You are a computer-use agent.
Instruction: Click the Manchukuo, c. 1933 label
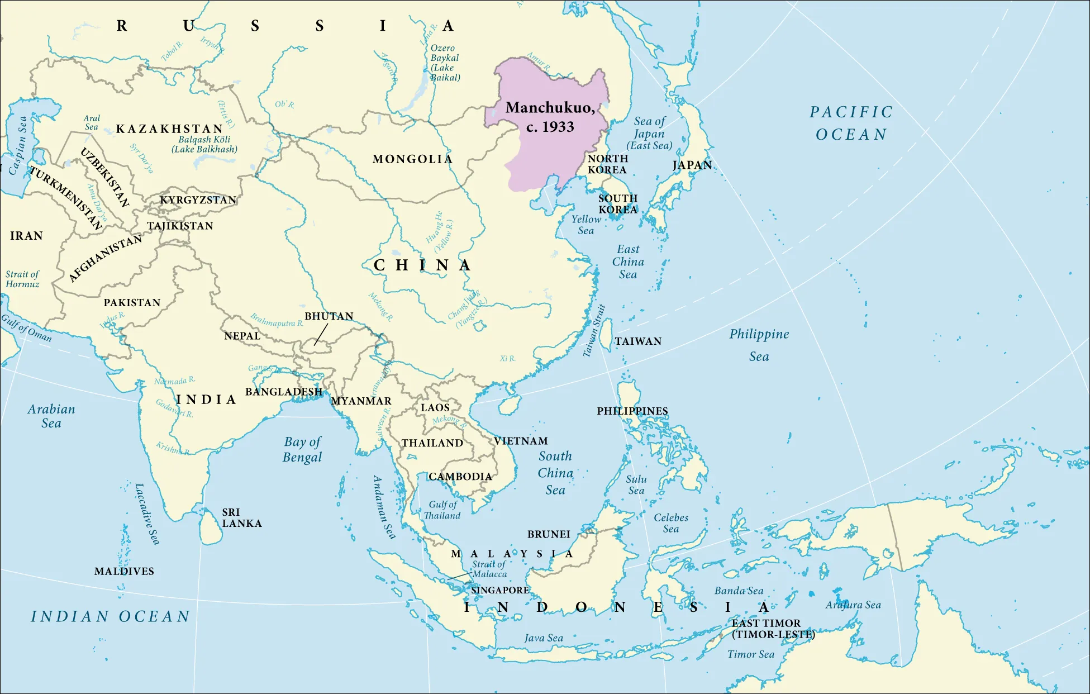[550, 117]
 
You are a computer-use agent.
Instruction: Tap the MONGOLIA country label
[412, 159]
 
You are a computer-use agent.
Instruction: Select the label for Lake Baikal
[445, 63]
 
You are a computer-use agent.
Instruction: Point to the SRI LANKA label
[241, 518]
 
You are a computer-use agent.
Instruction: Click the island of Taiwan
[606, 335]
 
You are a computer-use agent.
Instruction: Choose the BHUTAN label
[329, 316]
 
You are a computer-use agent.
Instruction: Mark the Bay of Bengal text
[302, 449]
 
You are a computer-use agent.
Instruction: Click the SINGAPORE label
[499, 590]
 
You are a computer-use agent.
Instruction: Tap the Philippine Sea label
[759, 345]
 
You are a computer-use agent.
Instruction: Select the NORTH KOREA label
[607, 164]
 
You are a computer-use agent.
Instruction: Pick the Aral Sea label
[92, 122]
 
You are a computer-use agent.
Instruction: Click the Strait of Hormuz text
[22, 279]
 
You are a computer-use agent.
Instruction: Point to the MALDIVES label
[124, 571]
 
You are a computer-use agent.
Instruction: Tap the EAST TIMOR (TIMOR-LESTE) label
[773, 629]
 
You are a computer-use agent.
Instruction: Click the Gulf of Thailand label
[442, 510]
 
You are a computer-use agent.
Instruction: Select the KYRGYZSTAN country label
[198, 200]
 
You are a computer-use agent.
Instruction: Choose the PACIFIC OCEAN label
[851, 123]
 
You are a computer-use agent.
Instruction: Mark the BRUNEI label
[549, 534]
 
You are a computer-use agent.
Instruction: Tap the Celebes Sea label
[670, 523]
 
